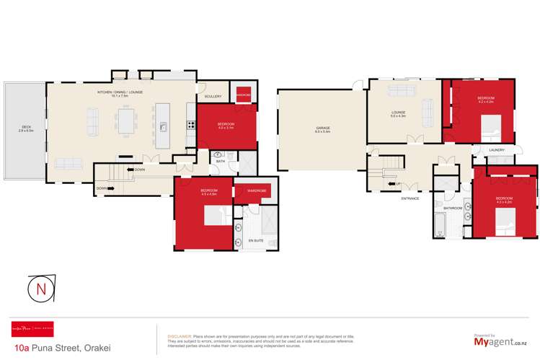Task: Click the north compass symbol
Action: [42, 289]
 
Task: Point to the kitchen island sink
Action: [164, 128]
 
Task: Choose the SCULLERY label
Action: [213, 96]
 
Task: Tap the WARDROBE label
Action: [257, 191]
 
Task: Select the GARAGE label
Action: [322, 129]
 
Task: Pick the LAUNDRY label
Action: [497, 150]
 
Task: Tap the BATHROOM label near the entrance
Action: [452, 208]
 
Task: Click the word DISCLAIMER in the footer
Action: [179, 336]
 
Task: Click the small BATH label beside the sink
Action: [221, 162]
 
